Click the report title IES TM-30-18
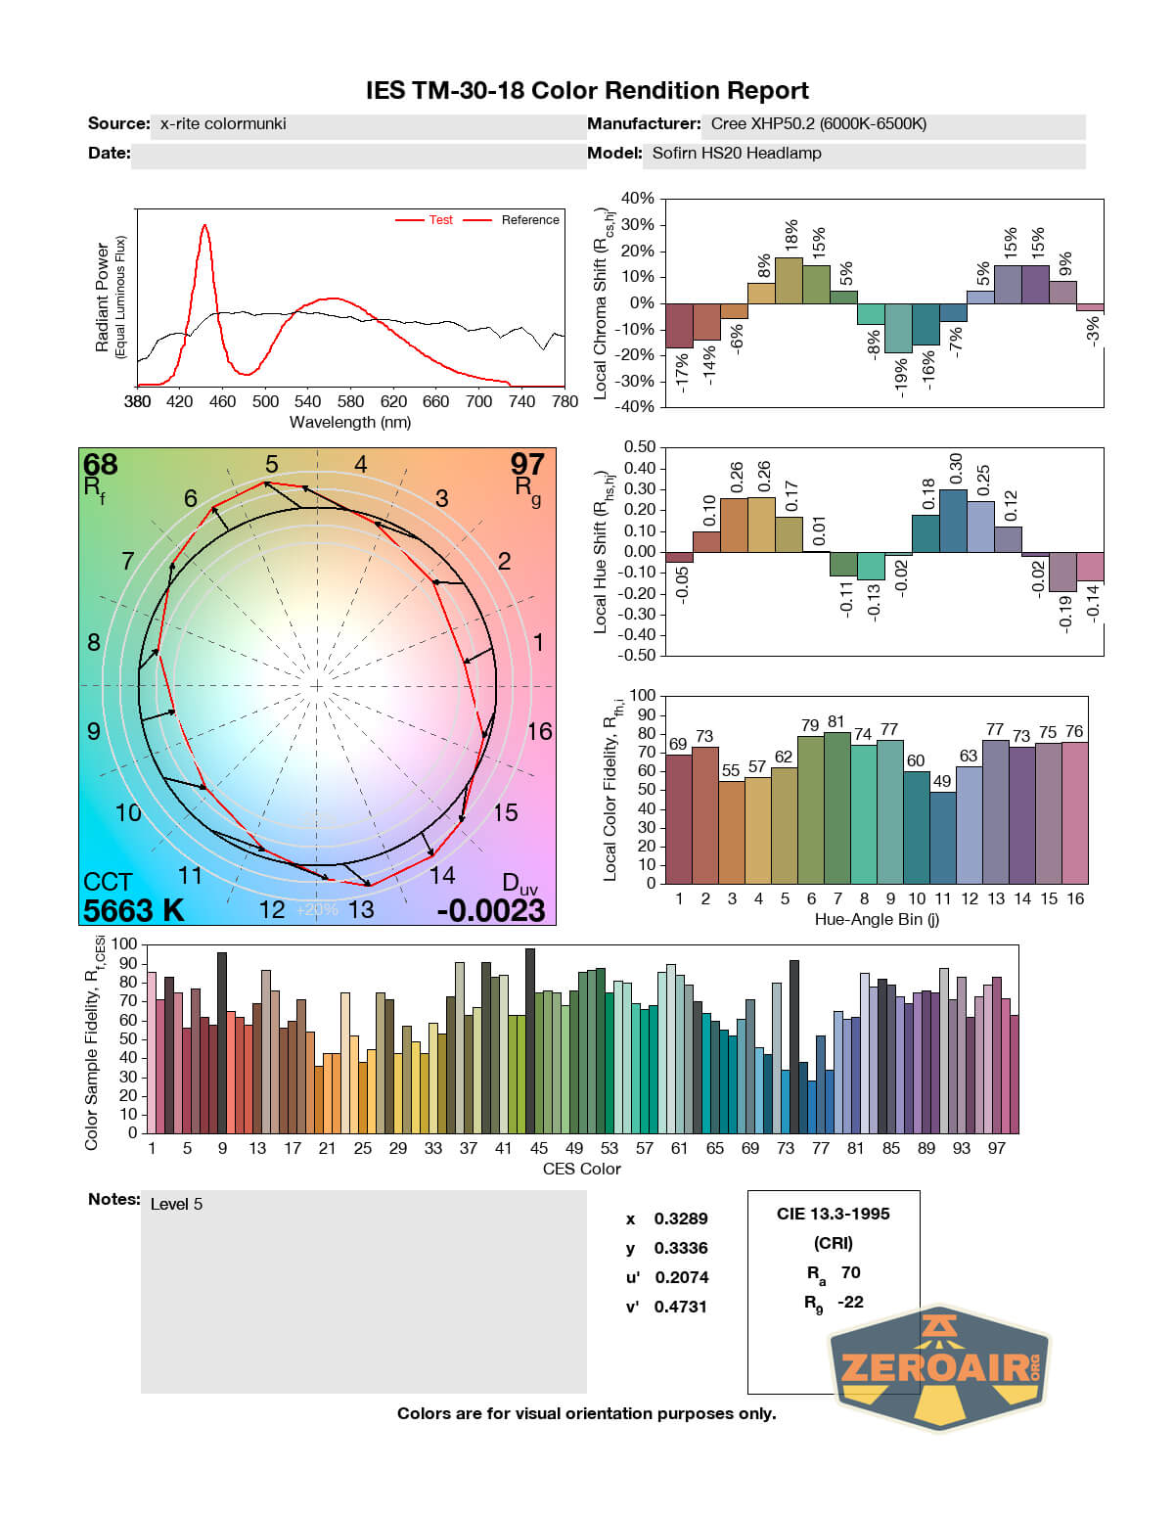pyautogui.click(x=587, y=91)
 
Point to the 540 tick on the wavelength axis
pyautogui.click(x=307, y=401)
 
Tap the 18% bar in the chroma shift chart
pyautogui.click(x=789, y=280)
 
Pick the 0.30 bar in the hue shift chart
pyautogui.click(x=953, y=521)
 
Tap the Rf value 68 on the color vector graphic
pyautogui.click(x=100, y=465)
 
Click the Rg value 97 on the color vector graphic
pyautogui.click(x=527, y=465)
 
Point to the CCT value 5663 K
pyautogui.click(x=133, y=910)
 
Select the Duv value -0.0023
pyautogui.click(x=491, y=910)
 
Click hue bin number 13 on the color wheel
pyautogui.click(x=361, y=910)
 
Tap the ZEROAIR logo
pyautogui.click(x=939, y=1367)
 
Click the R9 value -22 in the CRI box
pyautogui.click(x=850, y=1302)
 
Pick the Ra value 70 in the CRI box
pyautogui.click(x=850, y=1272)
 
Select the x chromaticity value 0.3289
pyautogui.click(x=681, y=1218)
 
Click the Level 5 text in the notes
pyautogui.click(x=176, y=1204)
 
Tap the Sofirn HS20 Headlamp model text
pyautogui.click(x=737, y=154)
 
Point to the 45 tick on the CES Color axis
pyautogui.click(x=539, y=1148)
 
